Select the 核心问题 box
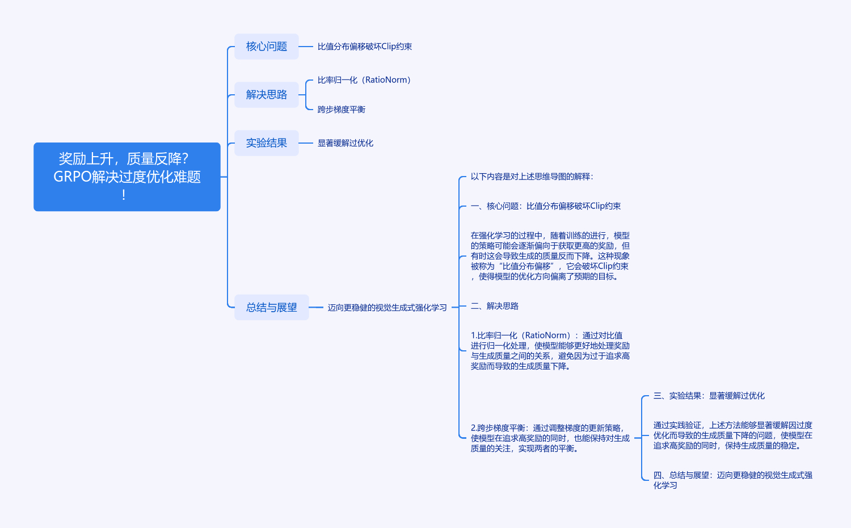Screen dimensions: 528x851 [266, 47]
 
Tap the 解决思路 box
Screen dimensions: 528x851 [266, 95]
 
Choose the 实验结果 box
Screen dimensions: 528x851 [266, 143]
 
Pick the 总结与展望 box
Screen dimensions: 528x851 [271, 307]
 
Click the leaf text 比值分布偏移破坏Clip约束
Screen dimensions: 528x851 [364, 47]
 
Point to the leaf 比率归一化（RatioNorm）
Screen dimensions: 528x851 [364, 80]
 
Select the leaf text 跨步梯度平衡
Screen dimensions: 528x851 [341, 110]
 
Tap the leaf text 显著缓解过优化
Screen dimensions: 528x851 [345, 143]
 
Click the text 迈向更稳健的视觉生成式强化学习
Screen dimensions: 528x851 [387, 308]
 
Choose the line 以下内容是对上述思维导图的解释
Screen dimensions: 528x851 [532, 177]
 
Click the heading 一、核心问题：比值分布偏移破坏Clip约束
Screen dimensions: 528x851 [545, 206]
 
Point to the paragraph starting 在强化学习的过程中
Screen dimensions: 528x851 [550, 256]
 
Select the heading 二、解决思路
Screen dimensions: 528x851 [494, 306]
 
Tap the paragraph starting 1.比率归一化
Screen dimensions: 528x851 [550, 351]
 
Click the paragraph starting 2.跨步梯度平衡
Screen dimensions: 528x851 [550, 438]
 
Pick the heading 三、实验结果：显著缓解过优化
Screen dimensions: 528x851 [709, 396]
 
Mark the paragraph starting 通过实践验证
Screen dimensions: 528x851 [732, 435]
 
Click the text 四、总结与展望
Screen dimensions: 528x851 [732, 480]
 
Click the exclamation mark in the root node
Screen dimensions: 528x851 [124, 195]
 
